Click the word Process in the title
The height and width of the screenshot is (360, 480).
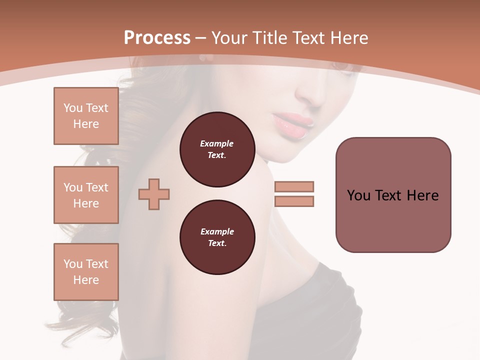point(157,38)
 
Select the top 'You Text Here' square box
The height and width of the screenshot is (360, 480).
point(86,116)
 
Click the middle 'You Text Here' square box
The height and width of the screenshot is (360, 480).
point(86,195)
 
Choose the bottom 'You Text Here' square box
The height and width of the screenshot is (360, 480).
point(86,272)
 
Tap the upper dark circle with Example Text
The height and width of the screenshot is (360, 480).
point(217,149)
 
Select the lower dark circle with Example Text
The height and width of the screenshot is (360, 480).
point(217,237)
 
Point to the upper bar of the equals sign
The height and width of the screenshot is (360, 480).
point(294,186)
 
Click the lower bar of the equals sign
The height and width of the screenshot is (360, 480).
point(294,201)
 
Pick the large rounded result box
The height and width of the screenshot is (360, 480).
point(393,195)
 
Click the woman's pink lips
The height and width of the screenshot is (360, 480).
point(293,125)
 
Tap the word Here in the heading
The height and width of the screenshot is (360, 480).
point(348,38)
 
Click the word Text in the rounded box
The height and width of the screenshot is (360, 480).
point(388,195)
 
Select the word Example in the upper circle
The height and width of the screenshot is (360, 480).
point(217,144)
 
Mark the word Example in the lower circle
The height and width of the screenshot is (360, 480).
point(217,232)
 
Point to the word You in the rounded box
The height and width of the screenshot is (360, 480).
point(358,195)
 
